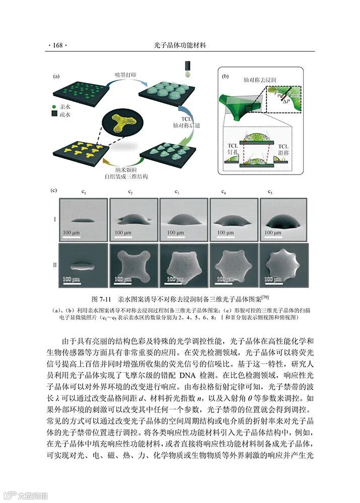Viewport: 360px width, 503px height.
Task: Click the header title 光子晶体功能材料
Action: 180,45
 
